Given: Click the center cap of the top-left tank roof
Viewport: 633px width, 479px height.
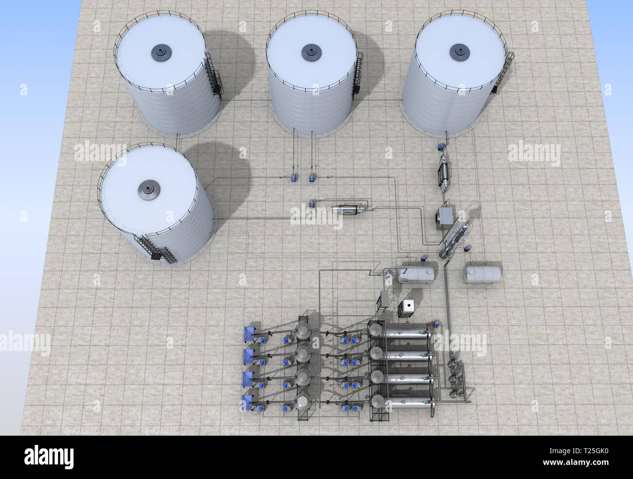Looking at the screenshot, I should (x=160, y=50).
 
